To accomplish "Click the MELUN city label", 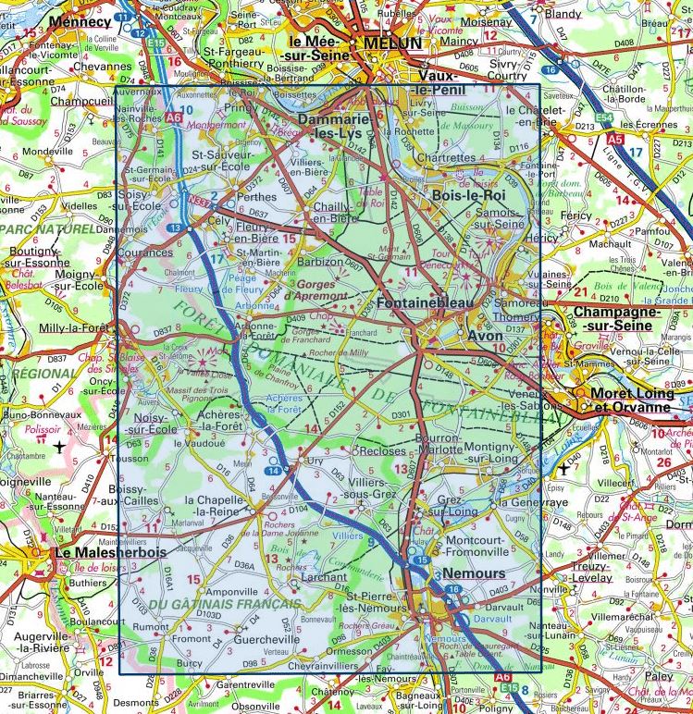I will pos(391,43).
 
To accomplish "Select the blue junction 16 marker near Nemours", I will pos(452,589).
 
